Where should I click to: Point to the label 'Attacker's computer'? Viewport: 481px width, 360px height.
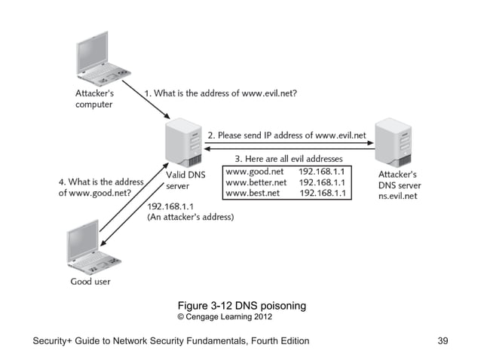[96, 99]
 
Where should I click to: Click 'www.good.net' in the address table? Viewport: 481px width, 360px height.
[254, 171]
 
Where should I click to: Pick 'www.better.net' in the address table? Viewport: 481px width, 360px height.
[257, 182]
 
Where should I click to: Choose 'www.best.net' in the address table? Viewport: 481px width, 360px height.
[253, 194]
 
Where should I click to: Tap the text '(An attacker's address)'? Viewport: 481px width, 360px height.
[190, 217]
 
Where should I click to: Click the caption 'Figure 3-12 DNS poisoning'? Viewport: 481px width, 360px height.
[241, 306]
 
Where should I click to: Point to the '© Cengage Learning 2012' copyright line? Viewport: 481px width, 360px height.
[224, 317]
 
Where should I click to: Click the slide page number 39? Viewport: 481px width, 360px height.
[443, 341]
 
